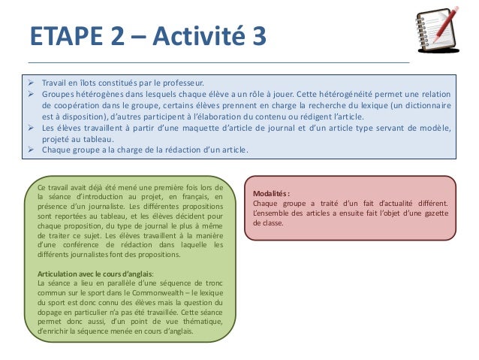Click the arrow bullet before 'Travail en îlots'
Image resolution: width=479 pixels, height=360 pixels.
(x=32, y=83)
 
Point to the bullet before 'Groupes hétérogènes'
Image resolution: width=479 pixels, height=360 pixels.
(x=32, y=95)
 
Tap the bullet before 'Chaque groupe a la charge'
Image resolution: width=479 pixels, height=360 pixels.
(x=32, y=150)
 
